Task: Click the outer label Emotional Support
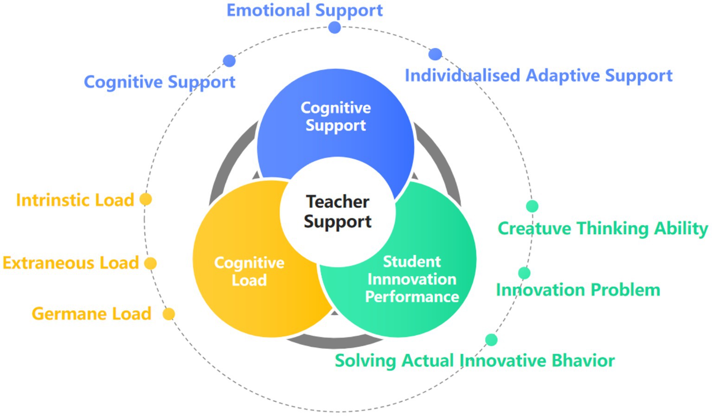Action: [x=304, y=10]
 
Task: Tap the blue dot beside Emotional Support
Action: [x=334, y=27]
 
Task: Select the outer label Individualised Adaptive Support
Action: [x=538, y=75]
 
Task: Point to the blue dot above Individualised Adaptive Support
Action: [x=435, y=54]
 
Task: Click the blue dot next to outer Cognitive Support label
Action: [x=229, y=60]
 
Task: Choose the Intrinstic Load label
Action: [x=75, y=200]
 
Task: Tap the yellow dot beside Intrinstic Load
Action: [x=146, y=199]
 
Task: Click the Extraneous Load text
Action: [x=71, y=263]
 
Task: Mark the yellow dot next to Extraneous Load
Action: [x=150, y=263]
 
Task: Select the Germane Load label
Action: [x=91, y=314]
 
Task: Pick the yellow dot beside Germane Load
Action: [x=169, y=314]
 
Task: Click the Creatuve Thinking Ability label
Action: [x=602, y=228]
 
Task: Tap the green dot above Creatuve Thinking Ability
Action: [x=532, y=206]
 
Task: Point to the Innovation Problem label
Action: [x=578, y=290]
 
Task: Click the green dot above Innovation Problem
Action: [x=524, y=273]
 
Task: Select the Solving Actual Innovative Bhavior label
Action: [x=475, y=361]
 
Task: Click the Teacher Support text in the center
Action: [x=338, y=212]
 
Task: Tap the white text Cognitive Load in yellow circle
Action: [x=249, y=271]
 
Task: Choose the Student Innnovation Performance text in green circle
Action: [x=412, y=279]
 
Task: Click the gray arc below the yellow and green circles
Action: [x=334, y=342]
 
